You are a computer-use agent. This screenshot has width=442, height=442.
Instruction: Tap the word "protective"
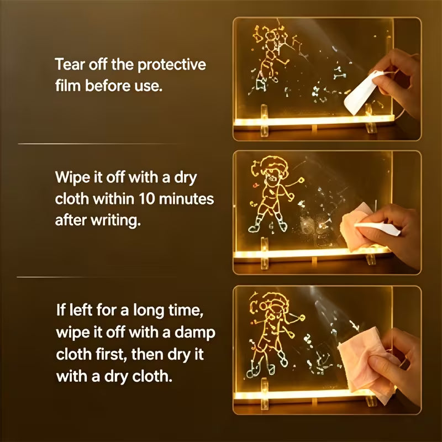pyautogui.click(x=172, y=65)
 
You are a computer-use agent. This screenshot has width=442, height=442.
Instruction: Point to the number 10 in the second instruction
pyautogui.click(x=146, y=199)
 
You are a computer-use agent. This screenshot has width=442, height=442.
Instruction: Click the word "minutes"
pyautogui.click(x=186, y=199)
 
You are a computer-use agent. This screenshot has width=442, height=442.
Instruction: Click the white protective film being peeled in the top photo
pyautogui.click(x=361, y=92)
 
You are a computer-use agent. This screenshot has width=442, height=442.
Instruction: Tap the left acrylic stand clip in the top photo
pyautogui.click(x=265, y=120)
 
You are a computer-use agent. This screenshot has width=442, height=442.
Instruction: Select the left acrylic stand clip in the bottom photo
pyautogui.click(x=265, y=394)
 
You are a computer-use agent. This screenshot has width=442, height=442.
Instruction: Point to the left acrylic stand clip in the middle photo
pyautogui.click(x=265, y=253)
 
